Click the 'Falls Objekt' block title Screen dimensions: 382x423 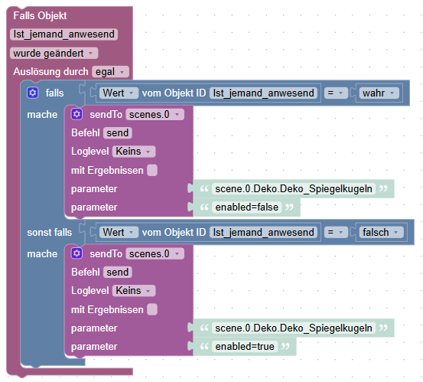coord(39,15)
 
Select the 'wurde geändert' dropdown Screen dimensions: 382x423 coord(54,53)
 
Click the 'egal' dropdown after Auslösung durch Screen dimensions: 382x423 coord(110,71)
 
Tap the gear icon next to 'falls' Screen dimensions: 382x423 coord(32,93)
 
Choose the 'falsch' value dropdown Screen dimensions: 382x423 coord(380,232)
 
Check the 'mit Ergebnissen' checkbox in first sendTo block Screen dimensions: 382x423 coord(152,171)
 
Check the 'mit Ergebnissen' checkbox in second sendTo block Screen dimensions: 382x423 coord(152,310)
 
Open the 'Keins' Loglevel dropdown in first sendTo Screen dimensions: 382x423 coord(134,152)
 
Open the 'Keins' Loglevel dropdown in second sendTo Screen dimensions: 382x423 coord(134,291)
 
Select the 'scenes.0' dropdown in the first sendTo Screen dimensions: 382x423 coord(155,114)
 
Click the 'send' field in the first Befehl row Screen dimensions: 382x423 coord(118,133)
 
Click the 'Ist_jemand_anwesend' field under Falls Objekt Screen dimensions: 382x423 coord(64,34)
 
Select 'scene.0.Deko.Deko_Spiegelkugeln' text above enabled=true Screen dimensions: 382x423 coord(294,328)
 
